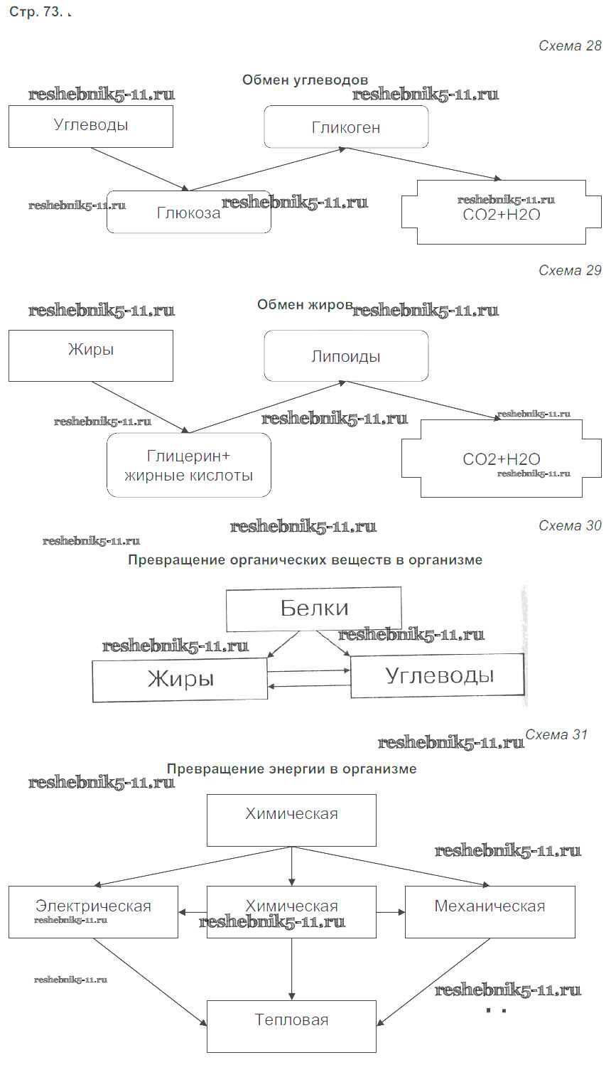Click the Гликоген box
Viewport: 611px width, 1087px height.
(x=346, y=127)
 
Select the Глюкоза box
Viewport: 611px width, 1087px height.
(x=188, y=212)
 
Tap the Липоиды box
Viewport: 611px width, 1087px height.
(x=346, y=355)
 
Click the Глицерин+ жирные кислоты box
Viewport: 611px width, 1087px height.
(x=188, y=465)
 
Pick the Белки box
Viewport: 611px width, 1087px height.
(x=313, y=609)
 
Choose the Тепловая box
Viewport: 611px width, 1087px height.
(x=291, y=1026)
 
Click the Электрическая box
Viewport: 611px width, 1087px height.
(x=93, y=911)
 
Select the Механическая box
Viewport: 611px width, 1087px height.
(x=490, y=911)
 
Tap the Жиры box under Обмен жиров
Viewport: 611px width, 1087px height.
(x=91, y=355)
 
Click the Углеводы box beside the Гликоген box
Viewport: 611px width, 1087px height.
(x=91, y=126)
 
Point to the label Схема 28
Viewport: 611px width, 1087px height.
(x=570, y=46)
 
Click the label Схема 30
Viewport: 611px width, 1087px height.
(x=570, y=525)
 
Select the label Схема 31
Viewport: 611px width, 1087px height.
(x=556, y=734)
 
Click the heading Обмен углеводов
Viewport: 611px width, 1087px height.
(x=305, y=80)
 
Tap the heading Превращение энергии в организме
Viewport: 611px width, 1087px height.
(x=291, y=769)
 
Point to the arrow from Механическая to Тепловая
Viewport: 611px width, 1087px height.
(x=433, y=981)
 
